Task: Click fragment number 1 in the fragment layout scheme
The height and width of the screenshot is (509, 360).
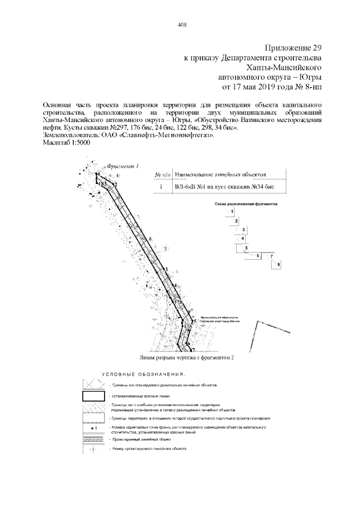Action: coord(232,211)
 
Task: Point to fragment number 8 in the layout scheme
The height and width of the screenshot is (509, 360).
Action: coord(278,264)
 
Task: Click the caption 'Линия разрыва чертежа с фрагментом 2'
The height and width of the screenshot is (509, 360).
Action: coord(185,357)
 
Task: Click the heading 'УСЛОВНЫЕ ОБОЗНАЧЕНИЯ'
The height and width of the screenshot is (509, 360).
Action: coord(143,375)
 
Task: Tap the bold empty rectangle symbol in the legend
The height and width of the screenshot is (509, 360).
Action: coord(92,397)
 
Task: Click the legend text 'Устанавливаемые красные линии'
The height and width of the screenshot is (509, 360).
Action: coord(138,397)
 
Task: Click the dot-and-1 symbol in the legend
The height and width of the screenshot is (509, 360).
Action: coord(92,429)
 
